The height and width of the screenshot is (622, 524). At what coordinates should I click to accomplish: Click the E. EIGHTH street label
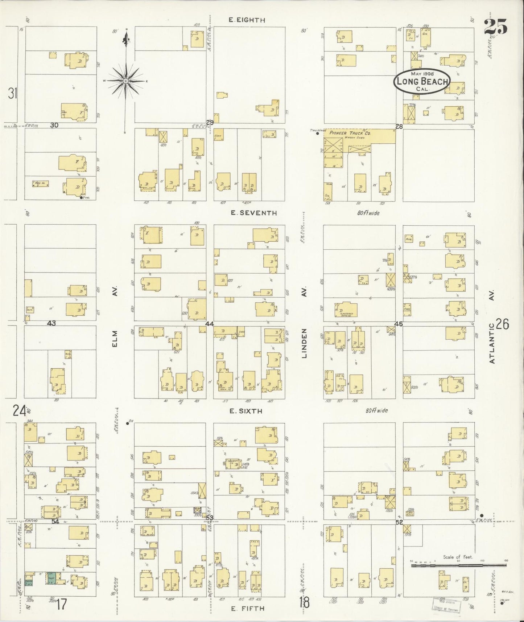247,20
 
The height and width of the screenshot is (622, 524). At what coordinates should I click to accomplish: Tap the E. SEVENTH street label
254,213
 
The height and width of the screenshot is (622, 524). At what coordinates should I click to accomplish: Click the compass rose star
125,81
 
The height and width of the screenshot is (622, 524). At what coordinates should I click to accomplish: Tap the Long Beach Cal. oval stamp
422,81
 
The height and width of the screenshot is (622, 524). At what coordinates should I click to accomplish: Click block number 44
209,323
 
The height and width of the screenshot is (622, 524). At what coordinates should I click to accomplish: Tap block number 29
210,123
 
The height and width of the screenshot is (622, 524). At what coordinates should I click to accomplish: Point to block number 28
399,126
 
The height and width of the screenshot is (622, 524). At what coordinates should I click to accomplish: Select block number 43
51,323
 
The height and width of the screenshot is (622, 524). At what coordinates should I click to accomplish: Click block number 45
399,324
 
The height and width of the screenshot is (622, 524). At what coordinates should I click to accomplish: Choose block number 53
210,517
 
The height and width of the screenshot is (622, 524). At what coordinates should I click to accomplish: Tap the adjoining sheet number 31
13,93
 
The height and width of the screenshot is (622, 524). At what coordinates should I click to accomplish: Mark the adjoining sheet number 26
502,324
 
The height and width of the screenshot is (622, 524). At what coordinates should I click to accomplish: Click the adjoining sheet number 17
62,604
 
